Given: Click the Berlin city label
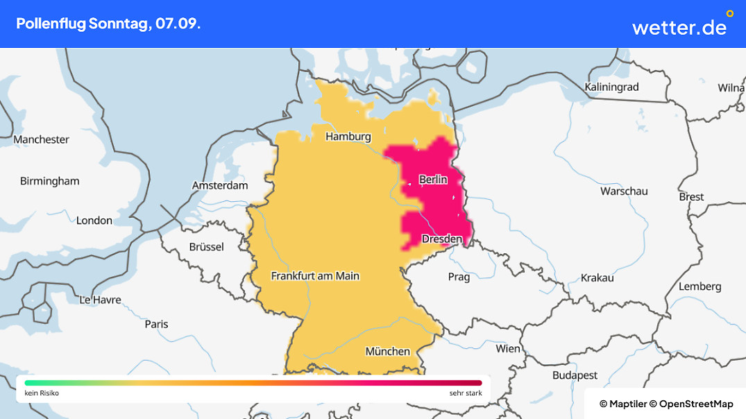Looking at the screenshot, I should point(433,180).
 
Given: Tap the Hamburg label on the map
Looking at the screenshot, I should point(348,137).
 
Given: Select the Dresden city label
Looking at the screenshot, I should point(442,239).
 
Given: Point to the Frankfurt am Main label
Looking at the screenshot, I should point(315,276).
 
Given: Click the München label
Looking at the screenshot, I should point(388,352).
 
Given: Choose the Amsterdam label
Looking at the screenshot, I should point(220,186).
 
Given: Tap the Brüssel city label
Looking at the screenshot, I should point(207,247).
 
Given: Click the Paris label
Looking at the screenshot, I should point(157,324).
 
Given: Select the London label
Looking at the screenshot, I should point(94,221).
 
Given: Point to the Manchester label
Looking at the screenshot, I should point(42,139).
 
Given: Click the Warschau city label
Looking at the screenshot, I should point(624,191).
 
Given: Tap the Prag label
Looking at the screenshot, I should point(459,277).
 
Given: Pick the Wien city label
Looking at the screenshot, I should point(508,348).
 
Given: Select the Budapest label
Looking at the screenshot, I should point(575,375).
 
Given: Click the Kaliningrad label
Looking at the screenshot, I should point(611,87).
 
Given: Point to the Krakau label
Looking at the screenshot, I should point(597,277).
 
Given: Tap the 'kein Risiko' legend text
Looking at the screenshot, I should point(42,393).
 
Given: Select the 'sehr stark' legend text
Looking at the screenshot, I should point(466,393).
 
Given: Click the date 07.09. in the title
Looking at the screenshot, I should point(178,24).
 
